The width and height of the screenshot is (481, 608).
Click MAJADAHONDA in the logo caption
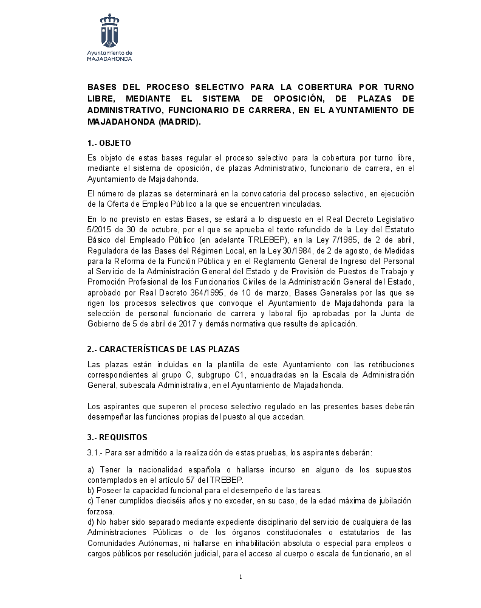(x=109, y=60)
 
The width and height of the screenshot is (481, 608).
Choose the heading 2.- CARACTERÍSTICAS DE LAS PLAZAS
(x=163, y=349)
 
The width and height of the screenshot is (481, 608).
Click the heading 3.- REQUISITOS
(x=117, y=437)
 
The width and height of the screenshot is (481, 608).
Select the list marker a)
(x=91, y=470)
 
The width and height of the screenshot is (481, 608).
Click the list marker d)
(x=91, y=522)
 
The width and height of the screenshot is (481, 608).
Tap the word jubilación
(x=391, y=500)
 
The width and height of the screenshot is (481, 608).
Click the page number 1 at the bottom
(x=241, y=577)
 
